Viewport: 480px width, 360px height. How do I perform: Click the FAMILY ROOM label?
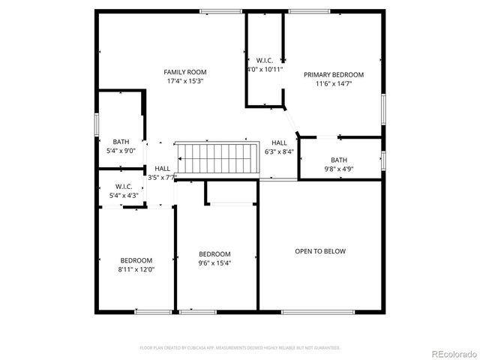point(185,72)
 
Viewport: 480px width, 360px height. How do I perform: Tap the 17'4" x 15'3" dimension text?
point(185,81)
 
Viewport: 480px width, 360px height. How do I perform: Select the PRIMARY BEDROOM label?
point(333,75)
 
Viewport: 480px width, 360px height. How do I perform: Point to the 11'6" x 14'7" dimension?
point(333,84)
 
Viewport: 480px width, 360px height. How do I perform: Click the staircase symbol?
point(216,158)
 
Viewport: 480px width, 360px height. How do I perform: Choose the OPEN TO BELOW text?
point(320,251)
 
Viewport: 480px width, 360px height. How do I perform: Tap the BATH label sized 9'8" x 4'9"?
point(339,160)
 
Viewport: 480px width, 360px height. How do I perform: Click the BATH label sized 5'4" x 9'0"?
point(121,142)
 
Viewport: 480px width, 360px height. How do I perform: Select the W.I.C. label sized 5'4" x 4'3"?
point(124,187)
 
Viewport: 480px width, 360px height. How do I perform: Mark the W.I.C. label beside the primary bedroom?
point(264,61)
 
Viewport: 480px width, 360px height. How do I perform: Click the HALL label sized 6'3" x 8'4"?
point(279,142)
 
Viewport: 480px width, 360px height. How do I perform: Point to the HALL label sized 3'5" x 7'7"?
point(162,169)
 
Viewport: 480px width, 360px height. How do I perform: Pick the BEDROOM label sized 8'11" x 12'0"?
point(136,260)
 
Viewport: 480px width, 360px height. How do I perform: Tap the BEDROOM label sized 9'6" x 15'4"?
point(214,254)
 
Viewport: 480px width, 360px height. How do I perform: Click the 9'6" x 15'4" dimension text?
point(214,263)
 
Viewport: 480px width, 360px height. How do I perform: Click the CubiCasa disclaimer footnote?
point(240,348)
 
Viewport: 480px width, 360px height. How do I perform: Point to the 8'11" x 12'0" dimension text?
point(136,269)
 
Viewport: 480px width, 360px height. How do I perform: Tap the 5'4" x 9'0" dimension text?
point(121,151)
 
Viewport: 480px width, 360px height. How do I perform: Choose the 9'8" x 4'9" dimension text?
point(339,169)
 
